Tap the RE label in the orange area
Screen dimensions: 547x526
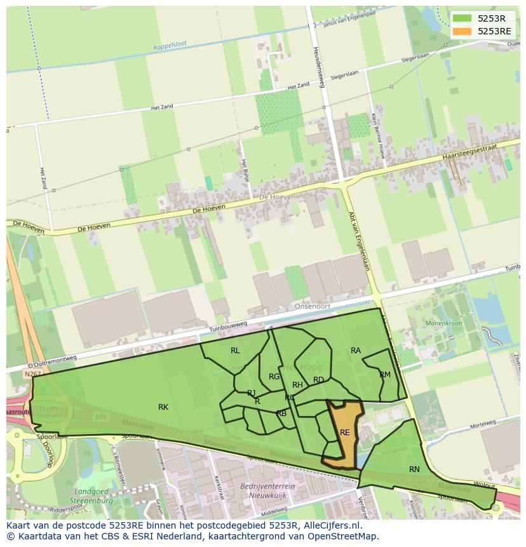pyautogui.click(x=345, y=433)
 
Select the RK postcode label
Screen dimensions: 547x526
pyautogui.click(x=163, y=407)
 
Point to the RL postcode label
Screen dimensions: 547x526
pyautogui.click(x=235, y=351)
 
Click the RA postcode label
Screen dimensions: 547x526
pyautogui.click(x=356, y=351)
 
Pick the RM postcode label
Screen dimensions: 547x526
pyautogui.click(x=385, y=375)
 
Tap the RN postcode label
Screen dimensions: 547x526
pyautogui.click(x=414, y=469)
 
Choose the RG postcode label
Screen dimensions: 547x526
pyautogui.click(x=274, y=377)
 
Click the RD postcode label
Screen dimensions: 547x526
pyautogui.click(x=318, y=381)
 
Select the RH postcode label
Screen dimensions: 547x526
pyautogui.click(x=297, y=385)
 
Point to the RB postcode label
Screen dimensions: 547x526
pyautogui.click(x=281, y=414)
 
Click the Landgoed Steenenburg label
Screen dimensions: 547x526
pyautogui.click(x=93, y=496)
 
